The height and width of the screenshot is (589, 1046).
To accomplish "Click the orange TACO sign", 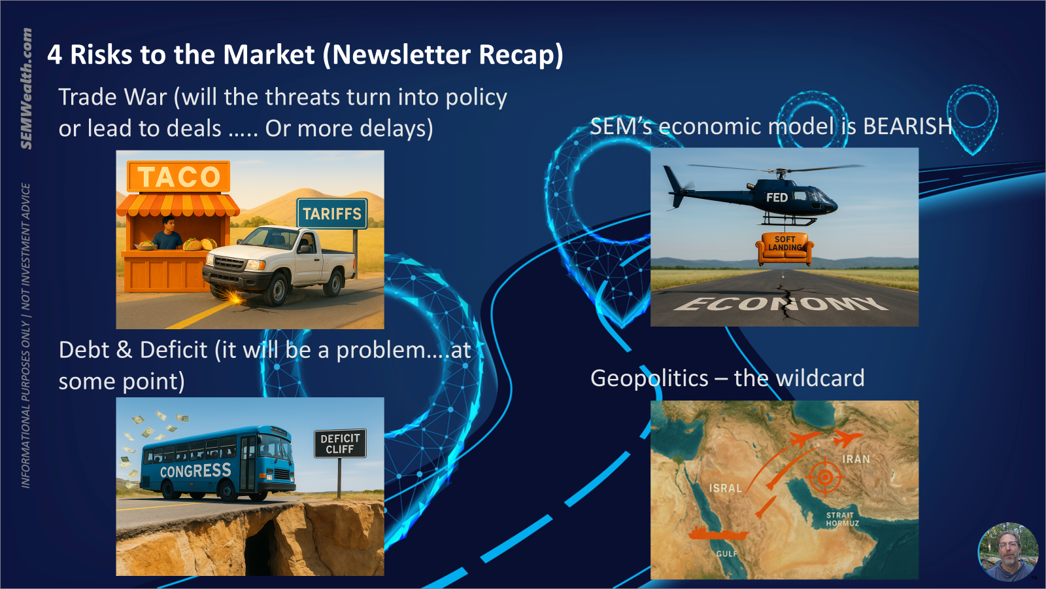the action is [178, 176].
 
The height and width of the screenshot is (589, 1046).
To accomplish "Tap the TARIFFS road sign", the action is [332, 213].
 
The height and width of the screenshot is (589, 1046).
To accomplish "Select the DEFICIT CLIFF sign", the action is [340, 443].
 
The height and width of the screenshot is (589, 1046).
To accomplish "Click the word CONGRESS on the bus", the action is [195, 471].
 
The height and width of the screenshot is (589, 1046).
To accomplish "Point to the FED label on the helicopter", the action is [777, 198].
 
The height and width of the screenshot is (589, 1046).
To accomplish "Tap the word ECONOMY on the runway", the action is [781, 304].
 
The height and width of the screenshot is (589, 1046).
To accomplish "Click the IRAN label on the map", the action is [856, 459].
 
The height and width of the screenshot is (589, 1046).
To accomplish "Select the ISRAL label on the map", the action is [725, 488].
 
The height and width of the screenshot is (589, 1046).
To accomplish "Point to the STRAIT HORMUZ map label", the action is [842, 519].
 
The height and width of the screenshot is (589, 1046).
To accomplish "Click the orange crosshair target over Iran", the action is [825, 477].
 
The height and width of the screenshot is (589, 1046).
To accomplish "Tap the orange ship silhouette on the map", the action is [718, 533].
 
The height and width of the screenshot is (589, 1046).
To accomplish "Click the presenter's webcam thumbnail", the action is [1007, 552].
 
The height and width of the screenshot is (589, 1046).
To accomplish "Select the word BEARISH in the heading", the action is [907, 126].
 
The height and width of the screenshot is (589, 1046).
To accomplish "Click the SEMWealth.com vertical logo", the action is [27, 89].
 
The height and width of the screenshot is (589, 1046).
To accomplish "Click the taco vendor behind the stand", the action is [167, 232].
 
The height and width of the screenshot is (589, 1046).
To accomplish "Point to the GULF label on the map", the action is [726, 554].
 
